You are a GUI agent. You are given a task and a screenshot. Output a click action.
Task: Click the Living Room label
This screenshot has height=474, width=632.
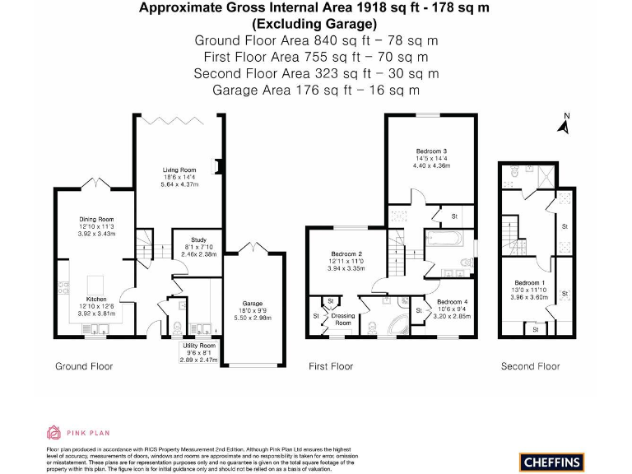179,170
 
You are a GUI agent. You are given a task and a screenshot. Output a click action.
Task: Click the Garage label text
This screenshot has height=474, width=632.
252,303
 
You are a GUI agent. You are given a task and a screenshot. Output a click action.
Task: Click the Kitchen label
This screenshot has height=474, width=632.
95,300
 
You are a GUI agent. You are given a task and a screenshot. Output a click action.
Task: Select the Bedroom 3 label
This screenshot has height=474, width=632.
431,151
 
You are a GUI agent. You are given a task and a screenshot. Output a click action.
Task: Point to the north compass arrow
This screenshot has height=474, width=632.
564,125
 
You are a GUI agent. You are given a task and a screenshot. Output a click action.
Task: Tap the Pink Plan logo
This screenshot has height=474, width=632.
77,432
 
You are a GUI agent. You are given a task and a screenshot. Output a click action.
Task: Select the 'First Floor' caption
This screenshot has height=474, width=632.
331,366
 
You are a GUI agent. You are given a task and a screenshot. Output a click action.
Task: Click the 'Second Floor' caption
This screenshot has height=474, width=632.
529,366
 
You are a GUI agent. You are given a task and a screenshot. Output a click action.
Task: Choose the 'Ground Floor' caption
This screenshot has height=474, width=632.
84,366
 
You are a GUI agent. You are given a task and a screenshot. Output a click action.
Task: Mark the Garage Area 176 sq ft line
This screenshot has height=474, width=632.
316,89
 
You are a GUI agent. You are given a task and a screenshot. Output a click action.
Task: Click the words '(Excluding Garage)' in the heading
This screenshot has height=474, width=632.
316,24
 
